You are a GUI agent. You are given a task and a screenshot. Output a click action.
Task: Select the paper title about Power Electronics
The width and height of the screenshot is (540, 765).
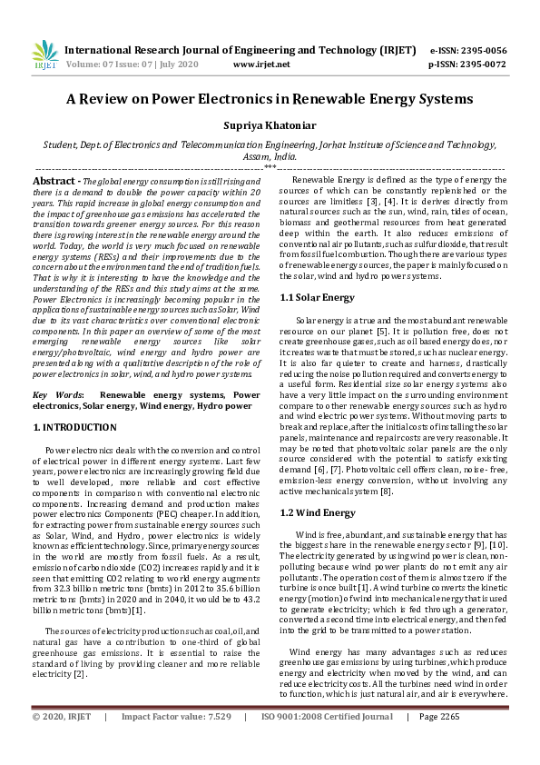coord(270,98)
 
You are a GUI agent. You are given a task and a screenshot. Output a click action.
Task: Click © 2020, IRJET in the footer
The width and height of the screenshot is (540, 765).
coord(62,742)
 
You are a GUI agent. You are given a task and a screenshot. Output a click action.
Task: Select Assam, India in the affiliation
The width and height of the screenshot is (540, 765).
coord(270,156)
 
